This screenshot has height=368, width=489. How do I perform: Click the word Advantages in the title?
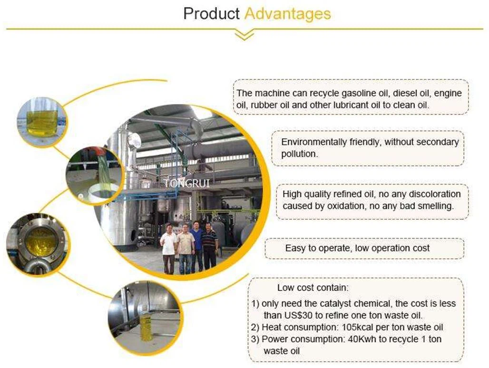click(x=287, y=14)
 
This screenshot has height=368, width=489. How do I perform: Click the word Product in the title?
click(x=211, y=14)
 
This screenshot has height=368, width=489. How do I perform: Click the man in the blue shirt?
click(x=196, y=245)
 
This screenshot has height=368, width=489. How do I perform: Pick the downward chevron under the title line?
click(x=244, y=36)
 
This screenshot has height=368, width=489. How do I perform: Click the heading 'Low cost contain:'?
click(x=313, y=288)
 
